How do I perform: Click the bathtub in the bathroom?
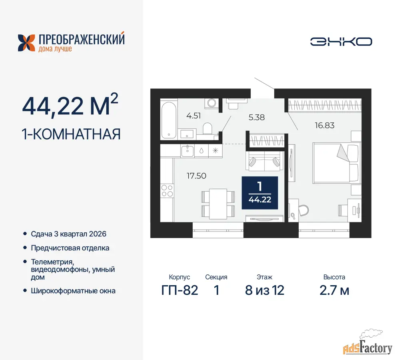coord(169,120)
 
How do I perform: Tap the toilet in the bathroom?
coord(207,128)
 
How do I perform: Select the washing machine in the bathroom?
coord(211,103)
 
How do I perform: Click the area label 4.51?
coord(194,116)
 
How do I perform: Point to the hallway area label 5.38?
coord(257,117)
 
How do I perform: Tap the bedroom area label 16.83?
coord(324,125)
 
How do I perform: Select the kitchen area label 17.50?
coord(196,176)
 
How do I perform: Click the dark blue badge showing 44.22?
coord(260,193)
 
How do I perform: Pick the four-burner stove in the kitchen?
coord(167,191)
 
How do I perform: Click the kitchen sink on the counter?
coord(188,151)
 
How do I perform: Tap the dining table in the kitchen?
coord(218,204)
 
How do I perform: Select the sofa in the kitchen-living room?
coord(265,161)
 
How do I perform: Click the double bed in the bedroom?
coord(336,163)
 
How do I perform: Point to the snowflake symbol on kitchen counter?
coord(215,151)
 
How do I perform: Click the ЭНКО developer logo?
coord(341,42)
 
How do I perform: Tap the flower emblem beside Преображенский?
coord(26,43)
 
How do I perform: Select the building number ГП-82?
coord(180,290)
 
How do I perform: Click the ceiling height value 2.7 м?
coord(334,290)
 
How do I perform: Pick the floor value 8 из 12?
coord(265,290)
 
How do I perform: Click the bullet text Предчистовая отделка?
coord(70,248)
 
